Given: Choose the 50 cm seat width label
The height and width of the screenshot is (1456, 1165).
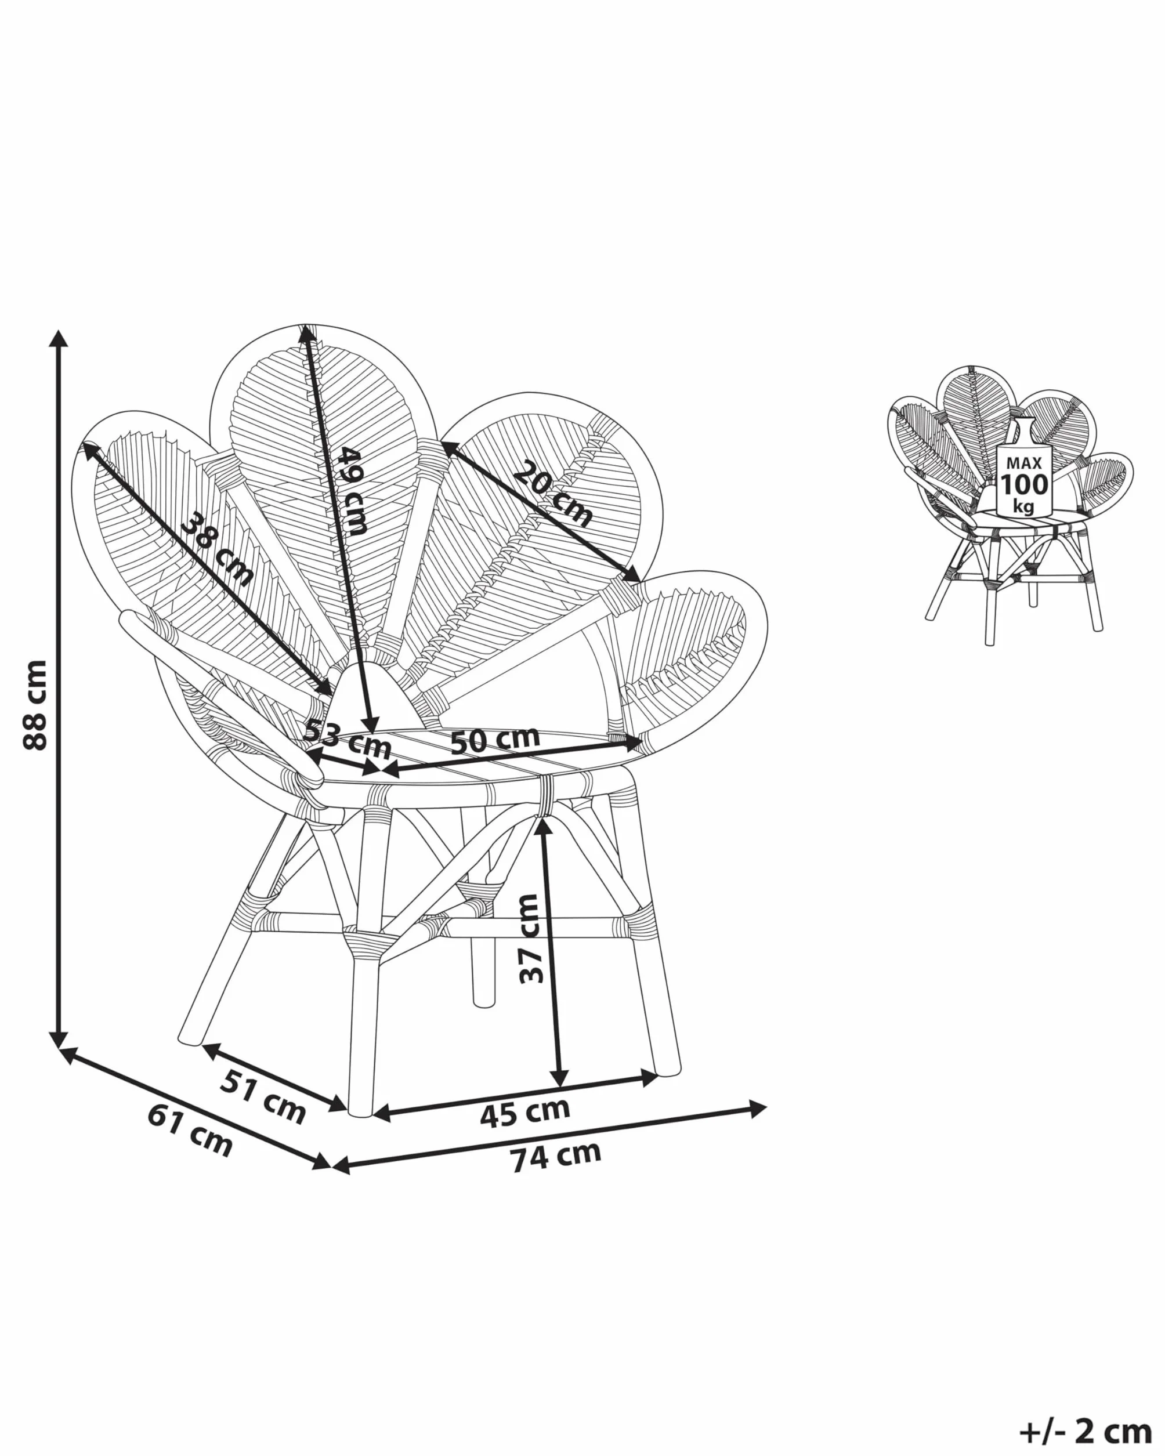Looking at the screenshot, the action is [495, 740].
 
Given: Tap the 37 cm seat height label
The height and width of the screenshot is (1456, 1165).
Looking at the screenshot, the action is [531, 938].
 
